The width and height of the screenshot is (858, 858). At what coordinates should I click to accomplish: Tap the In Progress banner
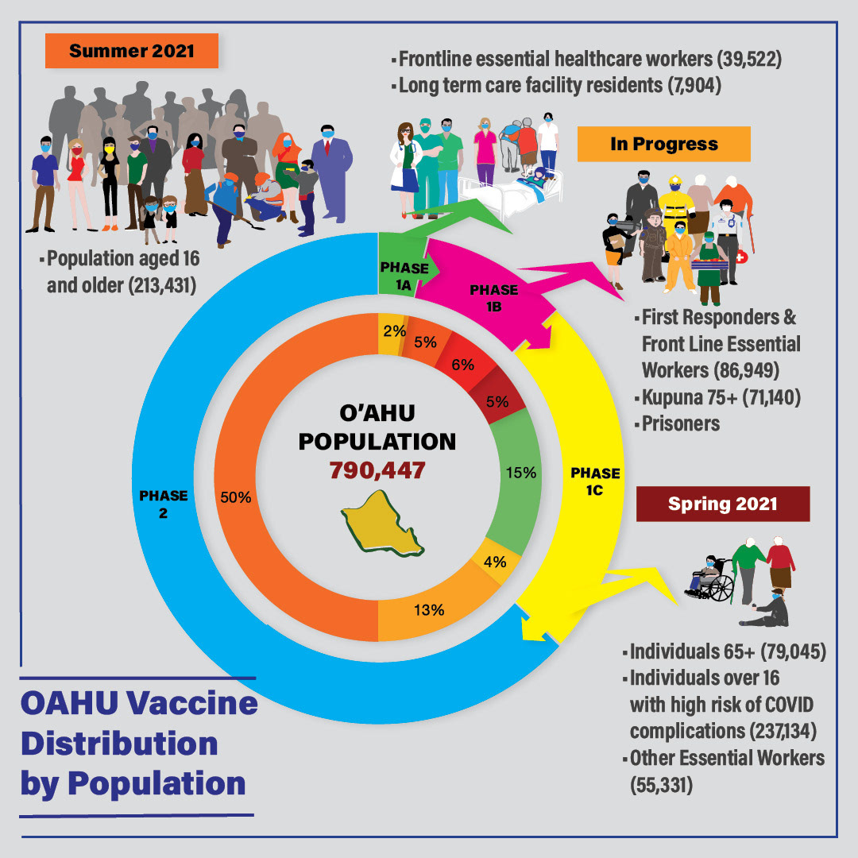pos(663,144)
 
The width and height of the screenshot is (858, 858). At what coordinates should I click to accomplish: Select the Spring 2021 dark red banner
pos(722,504)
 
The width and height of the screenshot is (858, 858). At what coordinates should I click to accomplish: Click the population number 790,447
pos(377,470)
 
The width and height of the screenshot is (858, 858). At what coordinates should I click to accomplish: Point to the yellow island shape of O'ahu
pos(380,522)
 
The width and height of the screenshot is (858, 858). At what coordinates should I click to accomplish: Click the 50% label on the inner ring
pos(236,498)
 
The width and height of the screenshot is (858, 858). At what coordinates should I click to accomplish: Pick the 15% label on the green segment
pos(521,472)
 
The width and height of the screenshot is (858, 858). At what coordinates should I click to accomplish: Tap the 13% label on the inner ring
pos(428,610)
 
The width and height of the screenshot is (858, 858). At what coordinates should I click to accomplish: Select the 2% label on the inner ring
pos(390,330)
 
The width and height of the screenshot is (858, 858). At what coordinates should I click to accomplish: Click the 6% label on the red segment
pos(462,365)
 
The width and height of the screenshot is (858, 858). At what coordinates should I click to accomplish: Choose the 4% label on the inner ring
pos(495,561)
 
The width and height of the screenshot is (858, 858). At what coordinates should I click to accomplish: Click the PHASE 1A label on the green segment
pos(404,275)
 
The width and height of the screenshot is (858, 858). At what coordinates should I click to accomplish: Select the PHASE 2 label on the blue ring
pos(163,504)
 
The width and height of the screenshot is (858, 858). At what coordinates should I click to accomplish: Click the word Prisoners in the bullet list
pos(681,423)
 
